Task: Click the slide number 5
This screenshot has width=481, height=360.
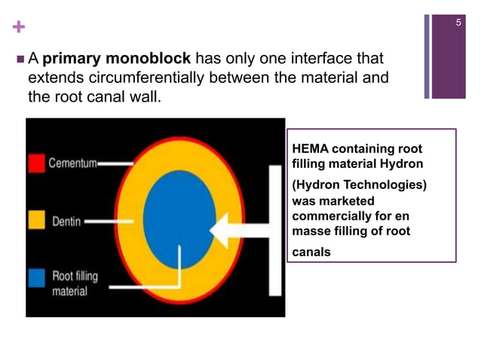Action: (458, 24)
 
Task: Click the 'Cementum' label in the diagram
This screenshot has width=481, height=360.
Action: (72, 163)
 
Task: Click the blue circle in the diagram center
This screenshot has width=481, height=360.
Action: (179, 218)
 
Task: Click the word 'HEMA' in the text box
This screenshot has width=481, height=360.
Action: (310, 148)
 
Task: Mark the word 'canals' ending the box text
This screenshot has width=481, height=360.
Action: (311, 252)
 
